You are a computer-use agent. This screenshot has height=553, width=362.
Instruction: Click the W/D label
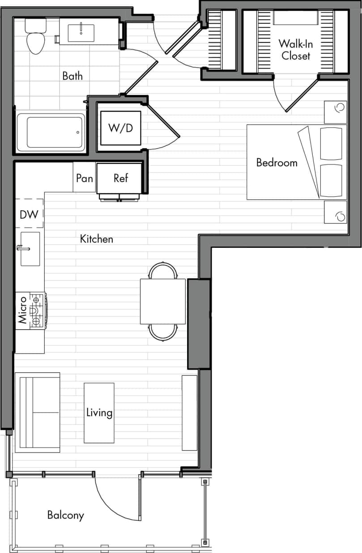(120, 128)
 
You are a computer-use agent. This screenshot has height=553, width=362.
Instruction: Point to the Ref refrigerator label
(120, 178)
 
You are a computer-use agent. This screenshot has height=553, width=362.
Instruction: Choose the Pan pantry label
(85, 179)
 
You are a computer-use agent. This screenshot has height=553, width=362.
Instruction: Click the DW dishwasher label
(29, 214)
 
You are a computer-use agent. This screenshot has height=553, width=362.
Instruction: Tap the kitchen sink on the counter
(30, 249)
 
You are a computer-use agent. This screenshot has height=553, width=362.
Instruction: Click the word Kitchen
(97, 239)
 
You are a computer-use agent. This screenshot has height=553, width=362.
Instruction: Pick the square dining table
(163, 301)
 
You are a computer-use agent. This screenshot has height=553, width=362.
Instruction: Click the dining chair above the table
(163, 271)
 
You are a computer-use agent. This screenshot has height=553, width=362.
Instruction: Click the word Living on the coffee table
(99, 412)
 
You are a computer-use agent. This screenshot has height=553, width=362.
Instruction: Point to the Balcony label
(66, 515)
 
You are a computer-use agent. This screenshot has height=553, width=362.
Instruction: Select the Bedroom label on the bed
(277, 162)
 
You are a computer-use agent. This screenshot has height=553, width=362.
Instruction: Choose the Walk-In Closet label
(294, 50)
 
